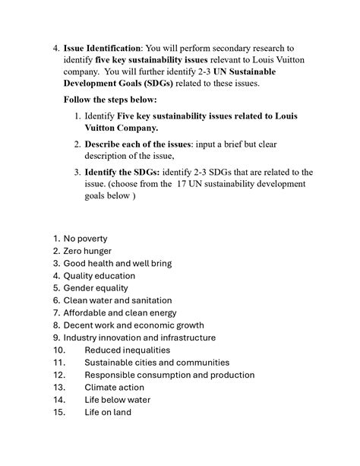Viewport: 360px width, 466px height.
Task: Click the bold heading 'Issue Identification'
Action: click(x=101, y=49)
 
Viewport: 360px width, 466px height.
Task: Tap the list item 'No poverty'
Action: click(x=85, y=239)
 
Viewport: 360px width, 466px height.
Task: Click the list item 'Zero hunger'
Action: click(x=87, y=251)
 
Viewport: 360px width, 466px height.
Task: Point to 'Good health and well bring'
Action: click(x=117, y=264)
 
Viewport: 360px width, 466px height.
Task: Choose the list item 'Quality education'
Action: click(x=99, y=276)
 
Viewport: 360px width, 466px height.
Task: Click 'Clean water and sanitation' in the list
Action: click(x=117, y=301)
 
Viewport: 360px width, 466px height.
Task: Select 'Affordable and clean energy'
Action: click(x=119, y=313)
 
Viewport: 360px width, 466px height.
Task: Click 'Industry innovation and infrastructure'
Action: click(x=139, y=338)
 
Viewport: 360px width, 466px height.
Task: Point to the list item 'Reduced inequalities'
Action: click(x=127, y=350)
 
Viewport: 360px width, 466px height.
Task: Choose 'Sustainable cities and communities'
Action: click(x=156, y=363)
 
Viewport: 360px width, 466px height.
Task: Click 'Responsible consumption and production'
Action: click(x=169, y=375)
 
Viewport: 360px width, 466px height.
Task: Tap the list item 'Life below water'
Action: click(x=117, y=400)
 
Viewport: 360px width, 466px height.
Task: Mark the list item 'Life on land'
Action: click(x=108, y=412)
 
